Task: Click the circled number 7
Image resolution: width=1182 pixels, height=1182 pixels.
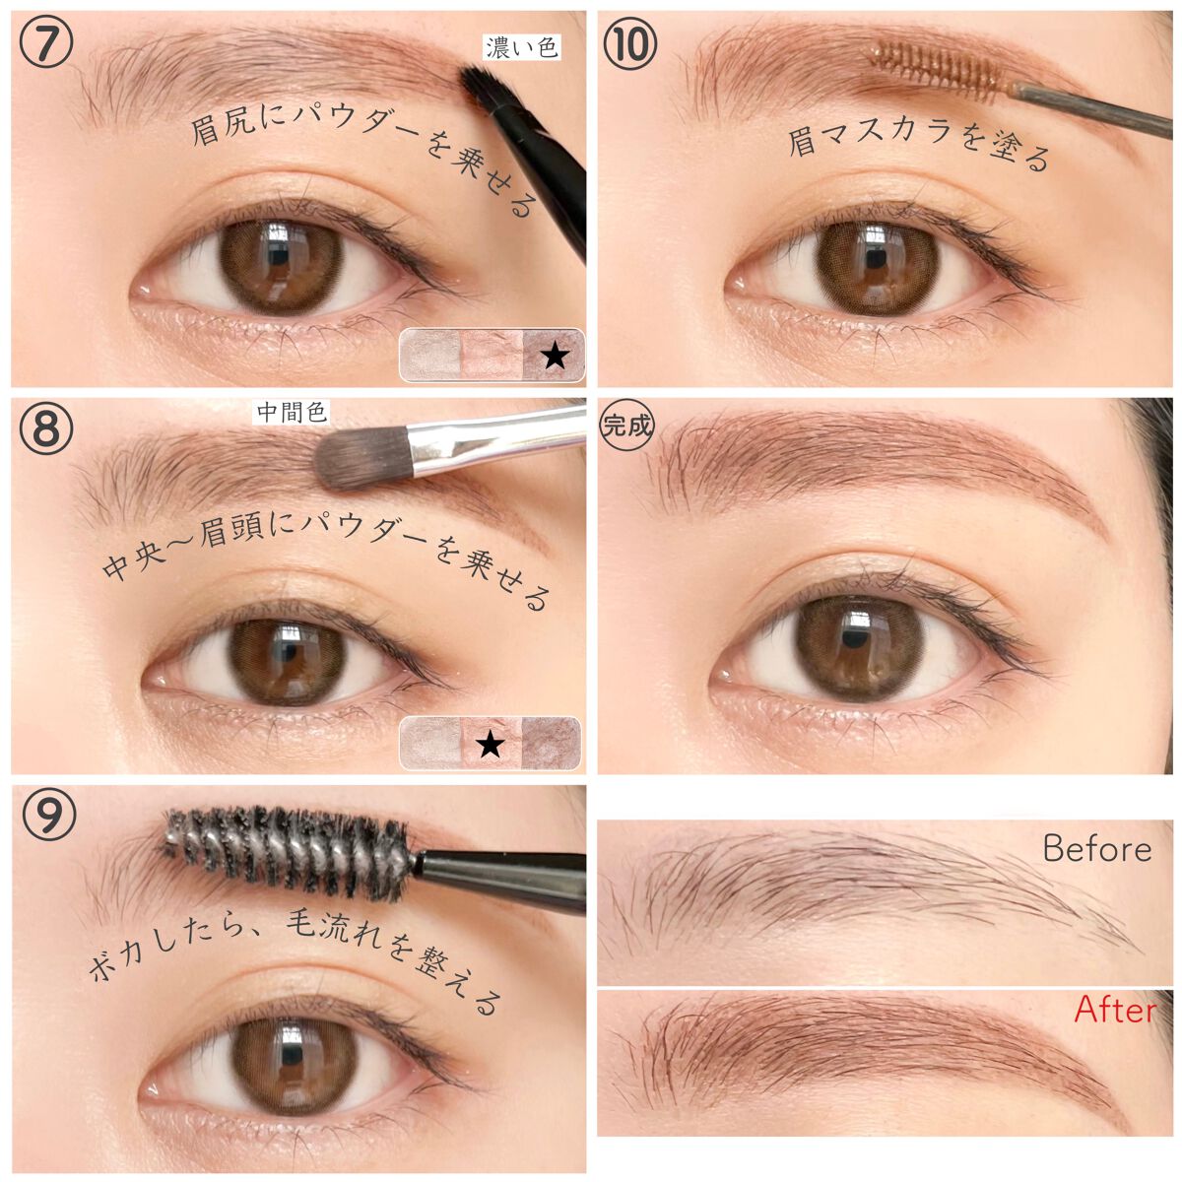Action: click(46, 44)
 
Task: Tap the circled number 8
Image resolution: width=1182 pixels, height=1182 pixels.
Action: click(46, 429)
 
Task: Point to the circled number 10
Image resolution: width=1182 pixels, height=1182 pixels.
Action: click(630, 44)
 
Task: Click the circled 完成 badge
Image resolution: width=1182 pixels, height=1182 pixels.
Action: click(626, 425)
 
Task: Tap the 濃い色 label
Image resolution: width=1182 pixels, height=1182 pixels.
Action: click(522, 48)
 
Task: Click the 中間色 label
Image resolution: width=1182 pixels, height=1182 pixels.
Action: click(292, 413)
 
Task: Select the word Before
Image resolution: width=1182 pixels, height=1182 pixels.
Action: click(1096, 849)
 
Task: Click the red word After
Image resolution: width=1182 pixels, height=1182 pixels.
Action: click(1114, 1011)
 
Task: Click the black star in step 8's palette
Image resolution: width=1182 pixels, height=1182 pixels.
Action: click(491, 745)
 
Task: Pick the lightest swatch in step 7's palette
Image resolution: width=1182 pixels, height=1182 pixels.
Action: click(430, 356)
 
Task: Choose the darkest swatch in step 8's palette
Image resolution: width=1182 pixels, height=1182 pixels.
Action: click(551, 743)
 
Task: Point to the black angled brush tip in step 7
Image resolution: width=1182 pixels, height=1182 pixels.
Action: click(485, 86)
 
